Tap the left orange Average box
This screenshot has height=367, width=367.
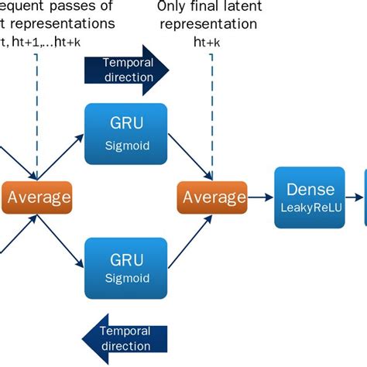[x=37, y=197]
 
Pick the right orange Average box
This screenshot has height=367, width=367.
[x=212, y=197]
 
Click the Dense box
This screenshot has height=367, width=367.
[x=310, y=197]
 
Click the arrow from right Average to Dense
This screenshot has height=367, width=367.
[x=260, y=197]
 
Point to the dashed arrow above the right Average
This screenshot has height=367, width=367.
[x=211, y=116]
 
